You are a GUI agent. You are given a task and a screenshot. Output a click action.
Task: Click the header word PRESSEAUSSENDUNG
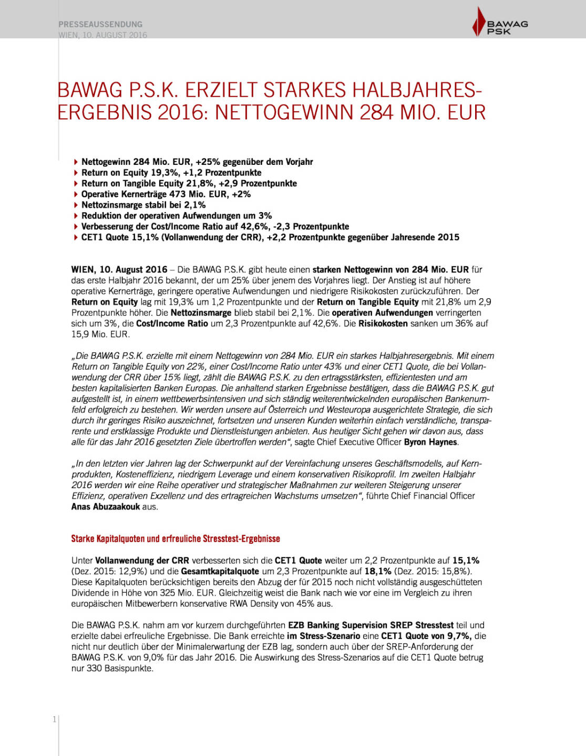(x=100, y=24)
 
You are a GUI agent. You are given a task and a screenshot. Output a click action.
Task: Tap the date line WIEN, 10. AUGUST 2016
(x=103, y=35)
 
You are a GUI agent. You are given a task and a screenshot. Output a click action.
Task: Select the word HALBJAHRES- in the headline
(x=417, y=90)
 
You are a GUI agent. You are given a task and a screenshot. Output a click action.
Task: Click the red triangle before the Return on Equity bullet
(x=76, y=173)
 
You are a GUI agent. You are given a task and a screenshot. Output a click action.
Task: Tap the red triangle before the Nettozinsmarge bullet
(x=76, y=205)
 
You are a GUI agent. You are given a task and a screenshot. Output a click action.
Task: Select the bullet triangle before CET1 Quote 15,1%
(x=76, y=237)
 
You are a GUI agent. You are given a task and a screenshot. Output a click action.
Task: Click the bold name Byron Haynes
(x=430, y=442)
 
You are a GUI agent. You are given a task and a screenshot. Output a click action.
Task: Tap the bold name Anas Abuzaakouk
(x=106, y=507)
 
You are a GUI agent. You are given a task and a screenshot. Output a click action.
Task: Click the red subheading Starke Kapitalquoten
(x=176, y=539)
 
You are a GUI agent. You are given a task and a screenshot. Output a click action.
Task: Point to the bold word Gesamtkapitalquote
(x=220, y=571)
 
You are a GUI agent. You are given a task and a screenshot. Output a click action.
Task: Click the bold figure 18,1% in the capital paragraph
(x=378, y=571)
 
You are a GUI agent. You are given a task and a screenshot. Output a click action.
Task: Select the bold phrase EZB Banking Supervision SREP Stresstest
(x=371, y=625)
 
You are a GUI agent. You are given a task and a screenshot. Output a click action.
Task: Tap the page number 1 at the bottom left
(x=54, y=719)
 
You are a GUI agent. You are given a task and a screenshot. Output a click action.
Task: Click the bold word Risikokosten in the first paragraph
(x=383, y=323)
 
